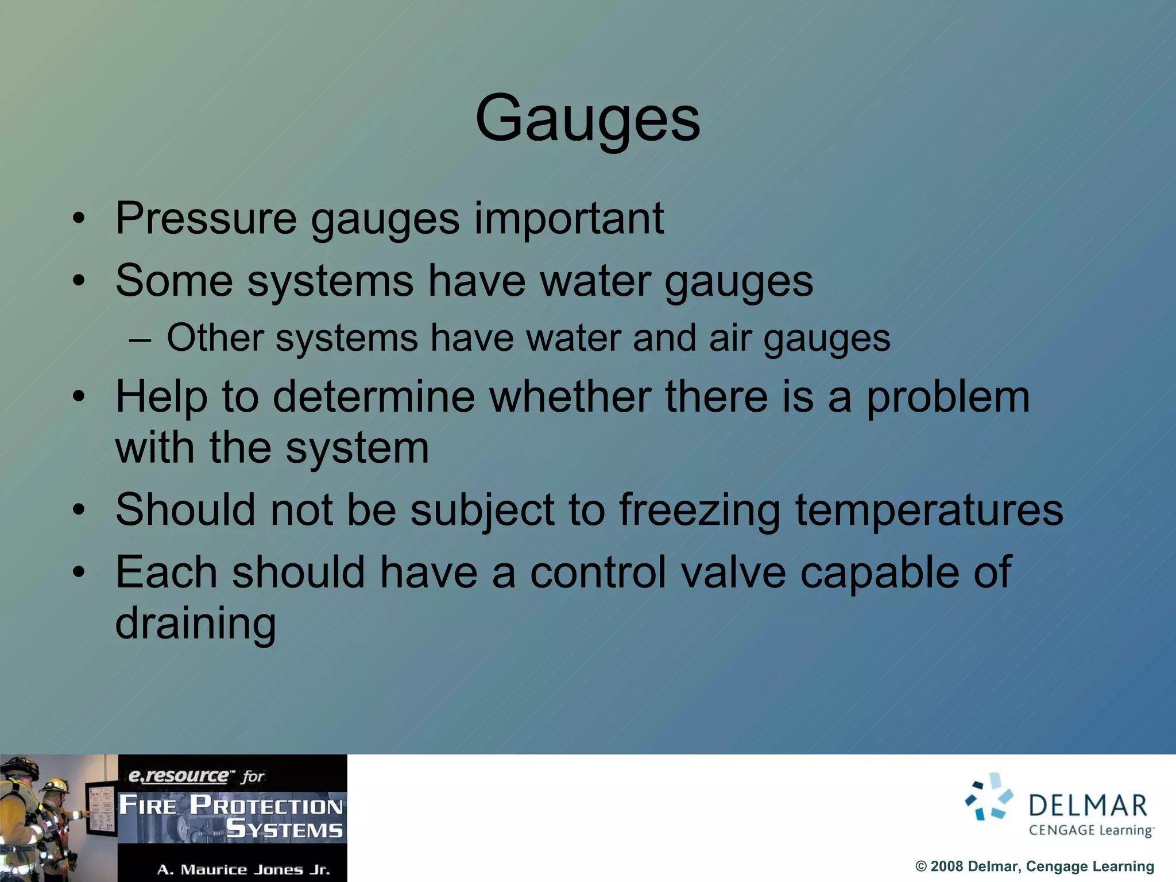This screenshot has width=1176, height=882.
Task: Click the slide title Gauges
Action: click(x=587, y=119)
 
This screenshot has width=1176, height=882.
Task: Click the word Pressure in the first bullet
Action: click(x=206, y=219)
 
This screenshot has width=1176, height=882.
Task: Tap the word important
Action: click(x=568, y=219)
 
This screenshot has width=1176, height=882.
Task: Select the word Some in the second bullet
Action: click(x=174, y=281)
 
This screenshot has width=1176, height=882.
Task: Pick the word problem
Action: click(x=947, y=398)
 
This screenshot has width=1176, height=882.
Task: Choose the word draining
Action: click(x=195, y=624)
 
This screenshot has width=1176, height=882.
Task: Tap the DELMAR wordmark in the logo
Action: click(x=1088, y=806)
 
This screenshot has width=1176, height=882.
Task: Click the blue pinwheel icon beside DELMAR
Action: click(x=989, y=797)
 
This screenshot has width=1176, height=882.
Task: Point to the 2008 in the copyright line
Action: click(x=946, y=866)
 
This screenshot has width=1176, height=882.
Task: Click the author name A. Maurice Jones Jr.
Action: click(x=243, y=870)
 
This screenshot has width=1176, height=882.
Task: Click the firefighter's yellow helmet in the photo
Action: click(x=56, y=785)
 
